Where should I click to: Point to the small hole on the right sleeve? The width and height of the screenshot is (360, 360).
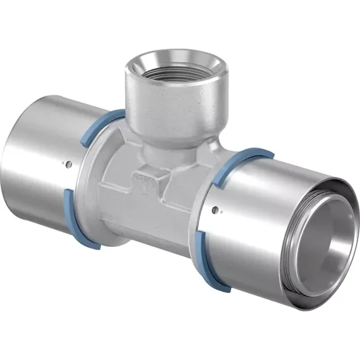pos(216,210)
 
